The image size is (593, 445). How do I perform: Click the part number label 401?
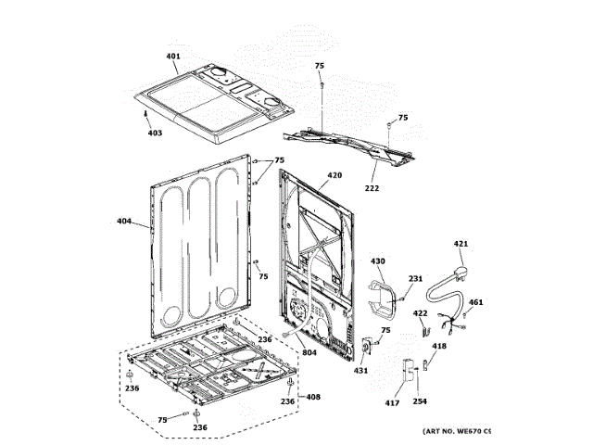[x=173, y=57]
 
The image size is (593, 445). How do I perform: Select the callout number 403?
[x=154, y=133]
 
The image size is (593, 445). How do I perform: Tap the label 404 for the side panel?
[x=123, y=222]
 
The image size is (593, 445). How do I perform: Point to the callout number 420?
[x=334, y=175]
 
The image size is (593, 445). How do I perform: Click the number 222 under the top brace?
[x=371, y=187]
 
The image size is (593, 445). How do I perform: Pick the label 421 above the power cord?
[x=461, y=245]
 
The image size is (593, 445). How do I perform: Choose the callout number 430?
[x=377, y=261]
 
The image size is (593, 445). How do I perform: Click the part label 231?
[x=415, y=279]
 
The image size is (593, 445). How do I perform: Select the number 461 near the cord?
[x=475, y=302]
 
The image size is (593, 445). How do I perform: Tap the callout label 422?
[x=420, y=313]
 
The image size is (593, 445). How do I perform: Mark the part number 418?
[x=439, y=346]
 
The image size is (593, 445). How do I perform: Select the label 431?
[x=360, y=371]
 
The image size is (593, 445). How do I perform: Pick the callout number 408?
[x=313, y=397]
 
